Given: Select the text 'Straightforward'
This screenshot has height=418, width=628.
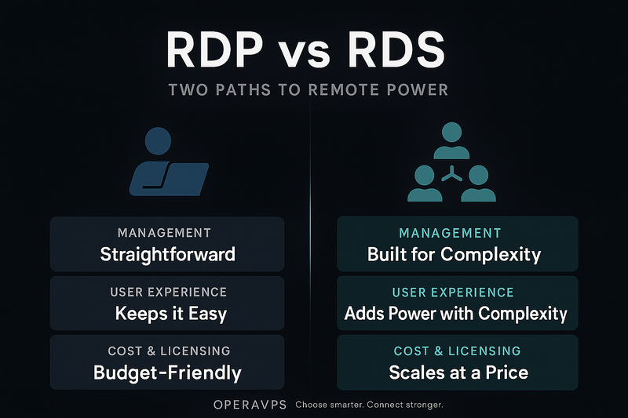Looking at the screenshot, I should [x=167, y=254].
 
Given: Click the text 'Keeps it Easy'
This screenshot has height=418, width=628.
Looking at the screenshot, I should [x=170, y=314].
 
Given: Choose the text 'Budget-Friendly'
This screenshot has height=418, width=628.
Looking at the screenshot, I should [x=167, y=373].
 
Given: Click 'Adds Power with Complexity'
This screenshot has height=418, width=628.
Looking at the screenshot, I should [x=456, y=314].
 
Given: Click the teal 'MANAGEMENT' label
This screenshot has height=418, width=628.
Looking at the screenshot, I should [x=450, y=233].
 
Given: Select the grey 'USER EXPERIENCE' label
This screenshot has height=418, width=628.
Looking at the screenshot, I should [x=169, y=292].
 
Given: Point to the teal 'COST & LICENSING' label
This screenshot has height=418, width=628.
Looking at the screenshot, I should [x=457, y=351].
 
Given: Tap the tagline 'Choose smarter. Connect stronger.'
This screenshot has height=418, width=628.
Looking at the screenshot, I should [x=370, y=405].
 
